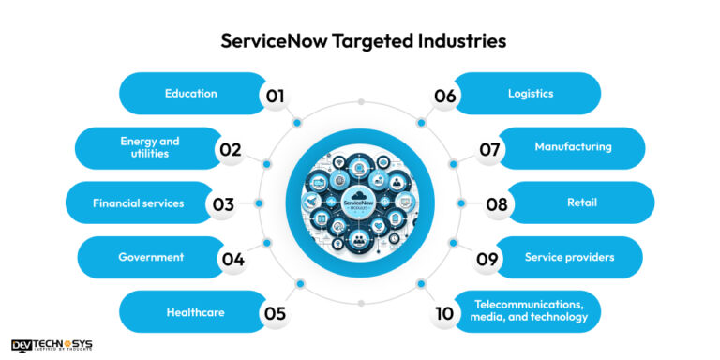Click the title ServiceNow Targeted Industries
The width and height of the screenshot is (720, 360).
click(x=359, y=41)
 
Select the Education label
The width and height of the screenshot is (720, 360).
click(x=191, y=93)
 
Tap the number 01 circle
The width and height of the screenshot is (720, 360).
click(x=275, y=95)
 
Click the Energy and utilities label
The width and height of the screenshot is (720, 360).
click(x=150, y=147)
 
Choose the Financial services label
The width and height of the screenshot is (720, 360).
click(x=138, y=202)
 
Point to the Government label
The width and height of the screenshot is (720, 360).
click(x=151, y=257)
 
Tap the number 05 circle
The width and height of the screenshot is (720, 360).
click(x=275, y=313)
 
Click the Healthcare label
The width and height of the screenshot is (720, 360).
click(x=195, y=312)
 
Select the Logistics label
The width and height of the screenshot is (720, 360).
click(x=531, y=93)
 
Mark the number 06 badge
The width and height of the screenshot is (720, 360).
click(x=444, y=95)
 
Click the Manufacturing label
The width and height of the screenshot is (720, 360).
click(x=573, y=147)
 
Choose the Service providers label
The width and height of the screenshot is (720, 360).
click(x=569, y=257)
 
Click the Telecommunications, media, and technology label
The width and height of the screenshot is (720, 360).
click(x=531, y=311)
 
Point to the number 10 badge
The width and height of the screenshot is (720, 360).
click(x=444, y=313)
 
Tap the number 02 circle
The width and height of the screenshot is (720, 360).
click(x=231, y=149)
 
